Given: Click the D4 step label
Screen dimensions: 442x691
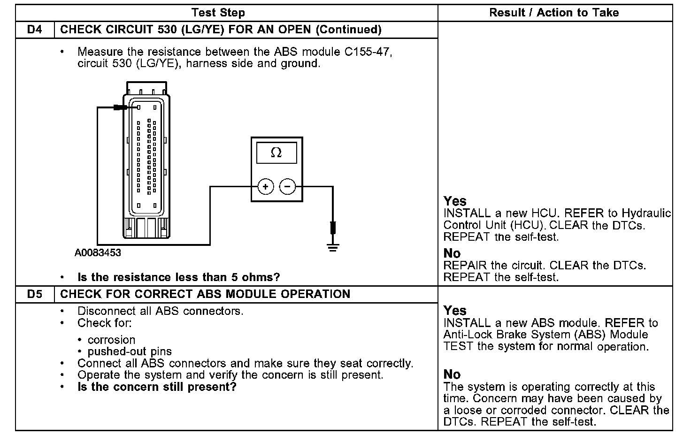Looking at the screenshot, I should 35,30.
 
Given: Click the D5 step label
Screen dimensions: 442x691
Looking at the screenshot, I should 35,294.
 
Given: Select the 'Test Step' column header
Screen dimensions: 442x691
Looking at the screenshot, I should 218,13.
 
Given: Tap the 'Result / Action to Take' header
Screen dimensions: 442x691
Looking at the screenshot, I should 554,13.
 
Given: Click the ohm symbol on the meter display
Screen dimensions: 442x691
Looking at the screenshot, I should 276,153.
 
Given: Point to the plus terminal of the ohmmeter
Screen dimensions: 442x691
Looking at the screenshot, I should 265,187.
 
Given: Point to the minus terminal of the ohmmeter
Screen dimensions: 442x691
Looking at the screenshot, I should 287,187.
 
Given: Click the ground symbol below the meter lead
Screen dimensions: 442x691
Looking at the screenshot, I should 333,247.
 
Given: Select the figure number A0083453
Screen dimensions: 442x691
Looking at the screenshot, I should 98,253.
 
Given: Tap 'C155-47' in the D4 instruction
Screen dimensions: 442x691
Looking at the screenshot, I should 367,52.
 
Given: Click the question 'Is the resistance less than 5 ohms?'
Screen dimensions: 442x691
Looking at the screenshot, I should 178,277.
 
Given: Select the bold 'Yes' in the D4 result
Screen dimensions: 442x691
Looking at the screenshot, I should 454,201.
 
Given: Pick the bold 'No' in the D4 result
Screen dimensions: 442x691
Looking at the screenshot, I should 452,253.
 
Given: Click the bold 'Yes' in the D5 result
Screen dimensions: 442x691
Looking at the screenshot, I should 454,311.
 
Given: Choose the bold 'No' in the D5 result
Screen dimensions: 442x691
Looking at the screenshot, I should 452,374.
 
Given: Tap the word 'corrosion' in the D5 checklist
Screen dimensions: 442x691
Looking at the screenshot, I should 111,340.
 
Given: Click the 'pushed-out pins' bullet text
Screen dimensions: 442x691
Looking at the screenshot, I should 130,351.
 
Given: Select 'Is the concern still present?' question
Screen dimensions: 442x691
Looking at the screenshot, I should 157,387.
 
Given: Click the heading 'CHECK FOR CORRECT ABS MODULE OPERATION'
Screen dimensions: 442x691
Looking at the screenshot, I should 205,294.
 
